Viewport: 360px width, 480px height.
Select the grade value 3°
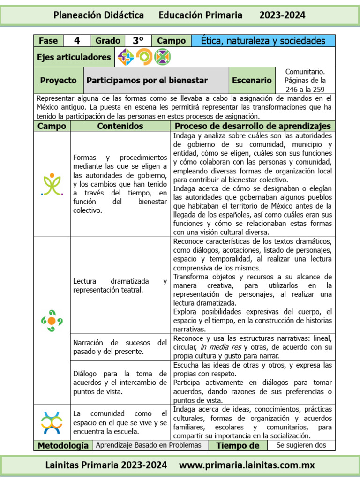pyautogui.click(x=138, y=41)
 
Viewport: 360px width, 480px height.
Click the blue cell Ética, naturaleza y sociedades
pyautogui.click(x=263, y=41)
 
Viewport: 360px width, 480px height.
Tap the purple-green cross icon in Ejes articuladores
pyautogui.click(x=126, y=57)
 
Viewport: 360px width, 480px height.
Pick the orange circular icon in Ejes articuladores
pyautogui.click(x=144, y=57)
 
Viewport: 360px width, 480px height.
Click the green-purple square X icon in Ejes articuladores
pyautogui.click(x=162, y=57)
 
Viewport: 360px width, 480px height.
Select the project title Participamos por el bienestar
pyautogui.click(x=147, y=81)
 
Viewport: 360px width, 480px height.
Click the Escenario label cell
pyautogui.click(x=252, y=81)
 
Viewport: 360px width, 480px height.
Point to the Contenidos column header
pyautogui.click(x=120, y=126)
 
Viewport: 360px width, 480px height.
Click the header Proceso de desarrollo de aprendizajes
pyautogui.click(x=253, y=126)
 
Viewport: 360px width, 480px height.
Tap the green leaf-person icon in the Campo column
pyautogui.click(x=52, y=184)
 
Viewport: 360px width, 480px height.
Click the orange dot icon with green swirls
pyautogui.click(x=52, y=321)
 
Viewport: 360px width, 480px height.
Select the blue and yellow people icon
pyautogui.click(x=52, y=422)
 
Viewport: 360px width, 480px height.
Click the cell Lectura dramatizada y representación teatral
pyautogui.click(x=120, y=285)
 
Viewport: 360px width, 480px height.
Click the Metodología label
pyautogui.click(x=63, y=445)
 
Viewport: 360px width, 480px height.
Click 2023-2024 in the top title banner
pyautogui.click(x=282, y=15)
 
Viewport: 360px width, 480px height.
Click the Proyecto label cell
pyautogui.click(x=58, y=81)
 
